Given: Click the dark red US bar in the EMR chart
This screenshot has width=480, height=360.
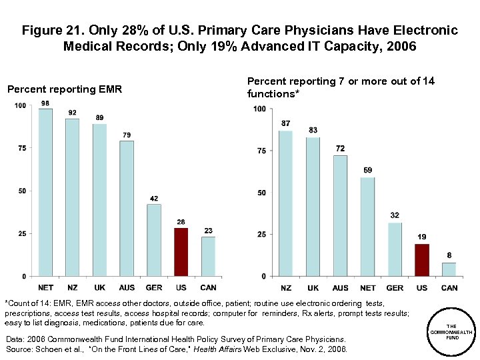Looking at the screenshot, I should tap(181, 252).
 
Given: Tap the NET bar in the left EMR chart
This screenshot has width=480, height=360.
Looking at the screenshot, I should tap(45, 192).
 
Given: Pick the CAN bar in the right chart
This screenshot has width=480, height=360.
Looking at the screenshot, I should tap(449, 269).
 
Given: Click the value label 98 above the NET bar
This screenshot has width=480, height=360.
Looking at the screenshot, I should tap(45, 103).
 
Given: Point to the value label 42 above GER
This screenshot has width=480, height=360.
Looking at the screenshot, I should tap(154, 198).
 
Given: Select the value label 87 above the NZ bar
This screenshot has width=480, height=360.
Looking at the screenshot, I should tap(285, 124).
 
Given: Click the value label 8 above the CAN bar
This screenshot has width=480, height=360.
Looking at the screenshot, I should tap(449, 256).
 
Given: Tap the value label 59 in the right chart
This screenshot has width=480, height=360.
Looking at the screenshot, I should tap(367, 171).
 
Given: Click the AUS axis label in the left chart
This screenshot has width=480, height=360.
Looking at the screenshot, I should tap(127, 287).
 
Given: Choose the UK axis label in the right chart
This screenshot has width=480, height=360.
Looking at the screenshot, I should tap(312, 287).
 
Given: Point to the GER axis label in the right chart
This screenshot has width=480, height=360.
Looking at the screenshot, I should tap(394, 287).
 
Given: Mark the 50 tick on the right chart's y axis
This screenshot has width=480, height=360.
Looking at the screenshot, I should tap(261, 193).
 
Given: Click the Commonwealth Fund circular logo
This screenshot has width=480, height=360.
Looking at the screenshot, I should tap(451, 331).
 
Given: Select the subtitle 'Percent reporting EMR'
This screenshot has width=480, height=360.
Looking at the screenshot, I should tap(64, 89).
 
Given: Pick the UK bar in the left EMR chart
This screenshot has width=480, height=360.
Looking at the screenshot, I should tap(99, 200).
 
